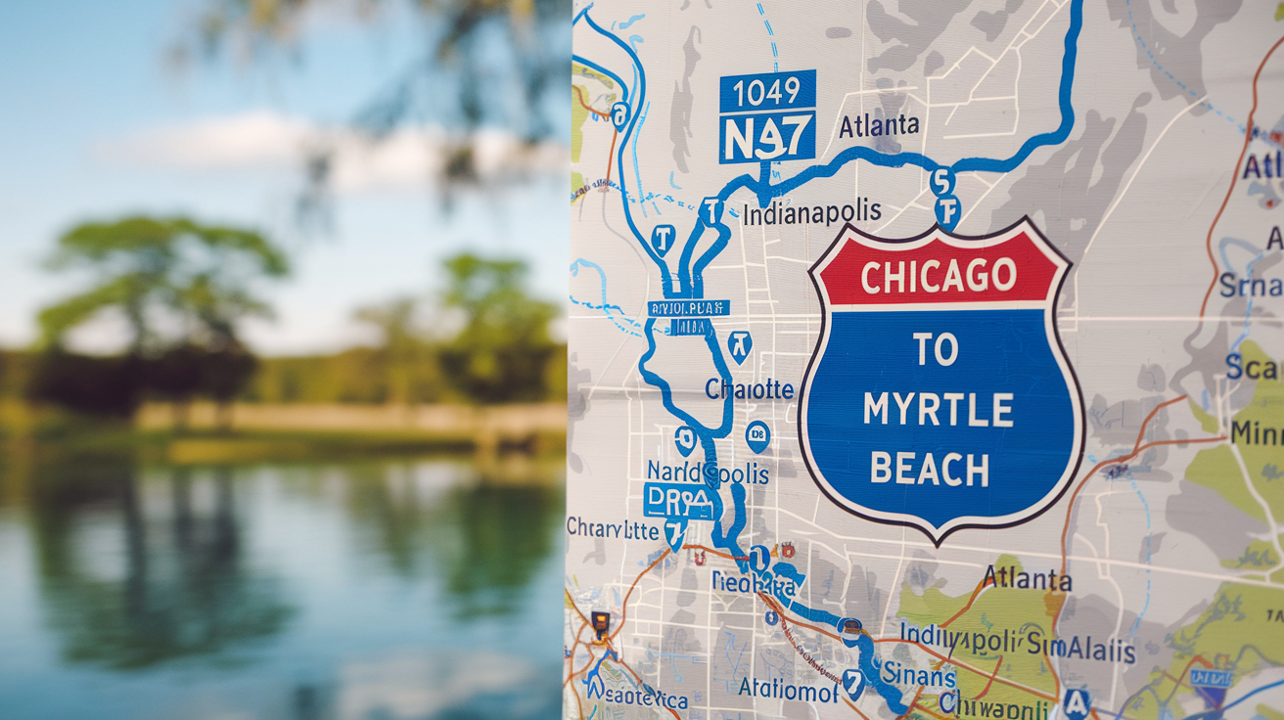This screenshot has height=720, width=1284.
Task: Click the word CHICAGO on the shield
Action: (939, 276)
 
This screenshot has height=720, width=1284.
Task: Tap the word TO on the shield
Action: (937, 349)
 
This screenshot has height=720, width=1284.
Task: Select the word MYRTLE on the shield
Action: (938, 410)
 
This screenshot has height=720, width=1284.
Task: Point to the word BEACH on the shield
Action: (930, 470)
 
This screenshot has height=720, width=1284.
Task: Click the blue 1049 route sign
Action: (767, 91)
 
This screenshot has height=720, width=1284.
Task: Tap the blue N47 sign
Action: (766, 136)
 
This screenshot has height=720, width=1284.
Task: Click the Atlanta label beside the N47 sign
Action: (879, 125)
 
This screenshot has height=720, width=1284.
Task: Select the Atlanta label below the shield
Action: (1027, 578)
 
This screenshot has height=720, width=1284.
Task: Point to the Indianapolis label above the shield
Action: (811, 212)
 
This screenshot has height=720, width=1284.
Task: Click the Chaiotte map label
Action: (750, 389)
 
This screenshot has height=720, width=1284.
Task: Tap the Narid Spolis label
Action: (707, 472)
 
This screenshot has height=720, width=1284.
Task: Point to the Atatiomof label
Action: (788, 689)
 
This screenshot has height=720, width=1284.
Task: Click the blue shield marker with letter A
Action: (1077, 701)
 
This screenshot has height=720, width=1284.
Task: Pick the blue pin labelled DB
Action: (757, 435)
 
